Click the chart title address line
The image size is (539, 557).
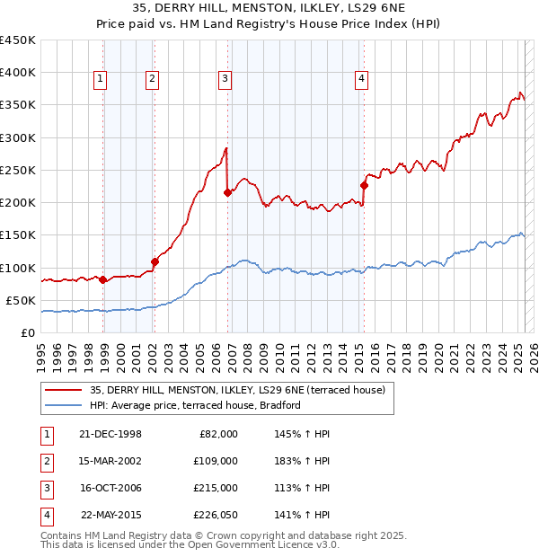269,8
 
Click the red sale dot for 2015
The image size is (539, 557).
364,186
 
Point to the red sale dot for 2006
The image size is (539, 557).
227,192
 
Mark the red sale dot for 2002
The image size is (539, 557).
155,261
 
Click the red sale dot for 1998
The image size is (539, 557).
102,279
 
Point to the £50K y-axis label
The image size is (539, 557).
22,300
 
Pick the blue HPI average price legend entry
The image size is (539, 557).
195,405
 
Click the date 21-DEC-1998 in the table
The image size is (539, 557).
110,434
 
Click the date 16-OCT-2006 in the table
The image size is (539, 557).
110,488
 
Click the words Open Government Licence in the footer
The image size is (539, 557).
262,544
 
